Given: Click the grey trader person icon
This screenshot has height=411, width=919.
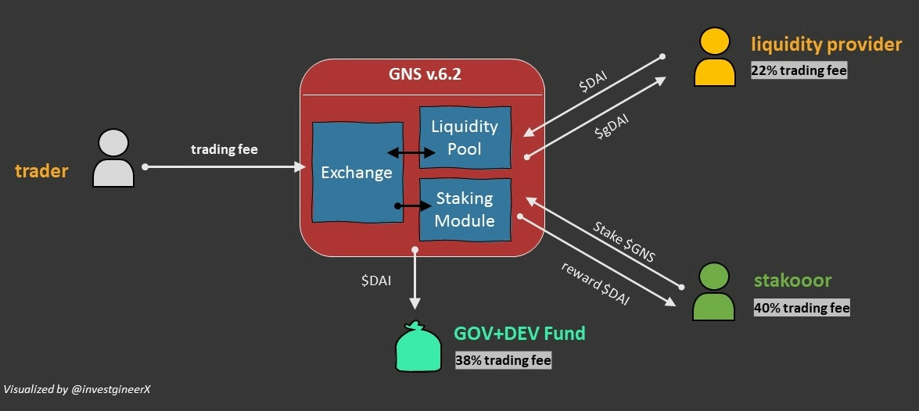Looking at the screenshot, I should click(113, 158).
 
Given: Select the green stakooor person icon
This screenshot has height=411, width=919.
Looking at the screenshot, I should click(713, 292).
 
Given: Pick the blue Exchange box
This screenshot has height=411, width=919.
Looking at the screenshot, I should click(357, 172).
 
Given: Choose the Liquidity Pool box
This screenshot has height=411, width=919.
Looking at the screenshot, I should click(465, 138).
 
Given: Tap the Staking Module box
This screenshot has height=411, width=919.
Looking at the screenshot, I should click(465, 209).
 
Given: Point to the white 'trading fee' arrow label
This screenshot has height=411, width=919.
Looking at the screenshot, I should click(224, 148).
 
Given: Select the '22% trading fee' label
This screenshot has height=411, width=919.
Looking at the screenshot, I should click(799, 70).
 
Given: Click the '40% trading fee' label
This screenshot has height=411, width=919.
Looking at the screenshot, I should click(801, 308).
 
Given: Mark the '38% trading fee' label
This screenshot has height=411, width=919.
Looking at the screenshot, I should click(503, 360).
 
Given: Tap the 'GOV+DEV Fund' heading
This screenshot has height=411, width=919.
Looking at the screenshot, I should click(519, 334).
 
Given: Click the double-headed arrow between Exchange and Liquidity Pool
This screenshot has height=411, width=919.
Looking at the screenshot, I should click(411, 154).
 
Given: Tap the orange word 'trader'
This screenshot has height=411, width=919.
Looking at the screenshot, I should click(41, 171).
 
